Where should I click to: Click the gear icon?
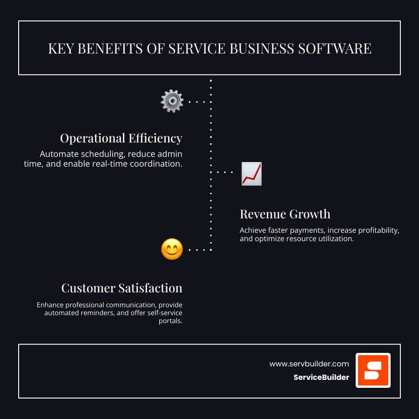pos(172,101)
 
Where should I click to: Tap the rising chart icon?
pos(251,174)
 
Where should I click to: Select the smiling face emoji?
pos(172,249)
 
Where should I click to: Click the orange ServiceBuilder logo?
pos(373,370)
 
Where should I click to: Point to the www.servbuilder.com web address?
pos(309,364)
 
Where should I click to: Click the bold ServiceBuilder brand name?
pos(321,377)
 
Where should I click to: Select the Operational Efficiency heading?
pos(121,138)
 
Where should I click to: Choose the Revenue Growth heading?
pos(285,214)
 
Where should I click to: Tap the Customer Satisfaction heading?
pos(122,288)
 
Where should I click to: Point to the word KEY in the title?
pos(61,48)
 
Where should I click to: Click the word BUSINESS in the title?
pos(262,48)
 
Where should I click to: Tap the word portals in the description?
pos(170,321)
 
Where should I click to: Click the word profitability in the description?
pos(378,230)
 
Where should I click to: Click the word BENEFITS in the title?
pos(110,48)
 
